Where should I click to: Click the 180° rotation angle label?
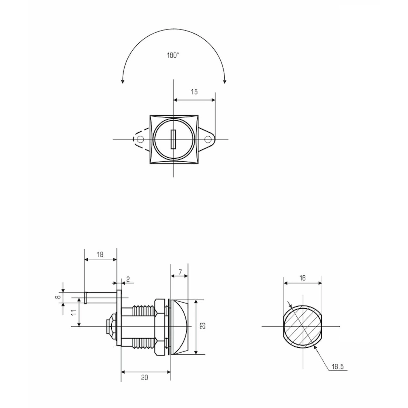point(173,55)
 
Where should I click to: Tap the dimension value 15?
point(194,92)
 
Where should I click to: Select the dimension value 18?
point(100,254)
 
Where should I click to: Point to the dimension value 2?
point(128,279)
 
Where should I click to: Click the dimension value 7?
point(180,272)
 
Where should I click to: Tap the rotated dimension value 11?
point(73,312)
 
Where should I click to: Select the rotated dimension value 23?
point(203,326)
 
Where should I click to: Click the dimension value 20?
point(145,377)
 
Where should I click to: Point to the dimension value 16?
point(303,278)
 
